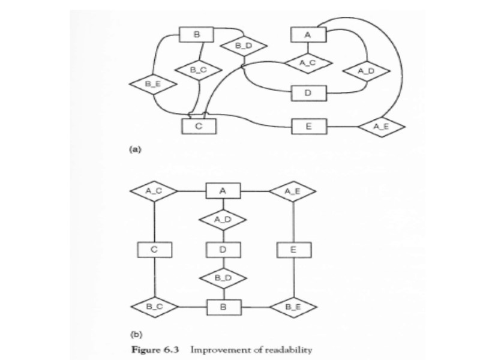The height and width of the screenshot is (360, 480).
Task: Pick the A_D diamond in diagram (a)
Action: [366, 71]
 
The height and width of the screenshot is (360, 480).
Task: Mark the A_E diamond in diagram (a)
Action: [382, 127]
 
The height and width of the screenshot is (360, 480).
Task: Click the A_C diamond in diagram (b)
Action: [154, 191]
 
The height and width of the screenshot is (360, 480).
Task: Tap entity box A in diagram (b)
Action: [224, 191]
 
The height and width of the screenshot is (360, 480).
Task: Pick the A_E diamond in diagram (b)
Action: [293, 191]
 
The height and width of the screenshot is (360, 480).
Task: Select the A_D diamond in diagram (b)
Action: [224, 220]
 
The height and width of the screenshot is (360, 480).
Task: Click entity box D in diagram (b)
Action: [224, 248]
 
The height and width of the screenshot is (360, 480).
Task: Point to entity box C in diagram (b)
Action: [154, 248]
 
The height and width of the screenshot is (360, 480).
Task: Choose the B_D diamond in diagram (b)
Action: [224, 278]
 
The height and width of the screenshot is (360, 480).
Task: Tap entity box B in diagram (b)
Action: [224, 307]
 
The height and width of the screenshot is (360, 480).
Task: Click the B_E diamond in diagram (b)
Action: [293, 307]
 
